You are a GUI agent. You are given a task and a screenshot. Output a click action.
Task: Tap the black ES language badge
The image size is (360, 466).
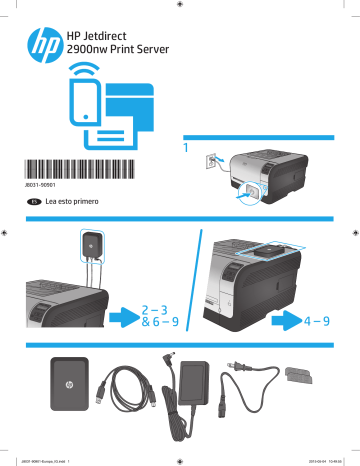click(34, 202)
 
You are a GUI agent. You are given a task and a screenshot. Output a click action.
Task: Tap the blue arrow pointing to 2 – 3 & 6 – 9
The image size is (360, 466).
click(124, 317)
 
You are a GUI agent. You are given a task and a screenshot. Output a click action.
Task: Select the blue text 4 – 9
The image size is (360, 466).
click(317, 322)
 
